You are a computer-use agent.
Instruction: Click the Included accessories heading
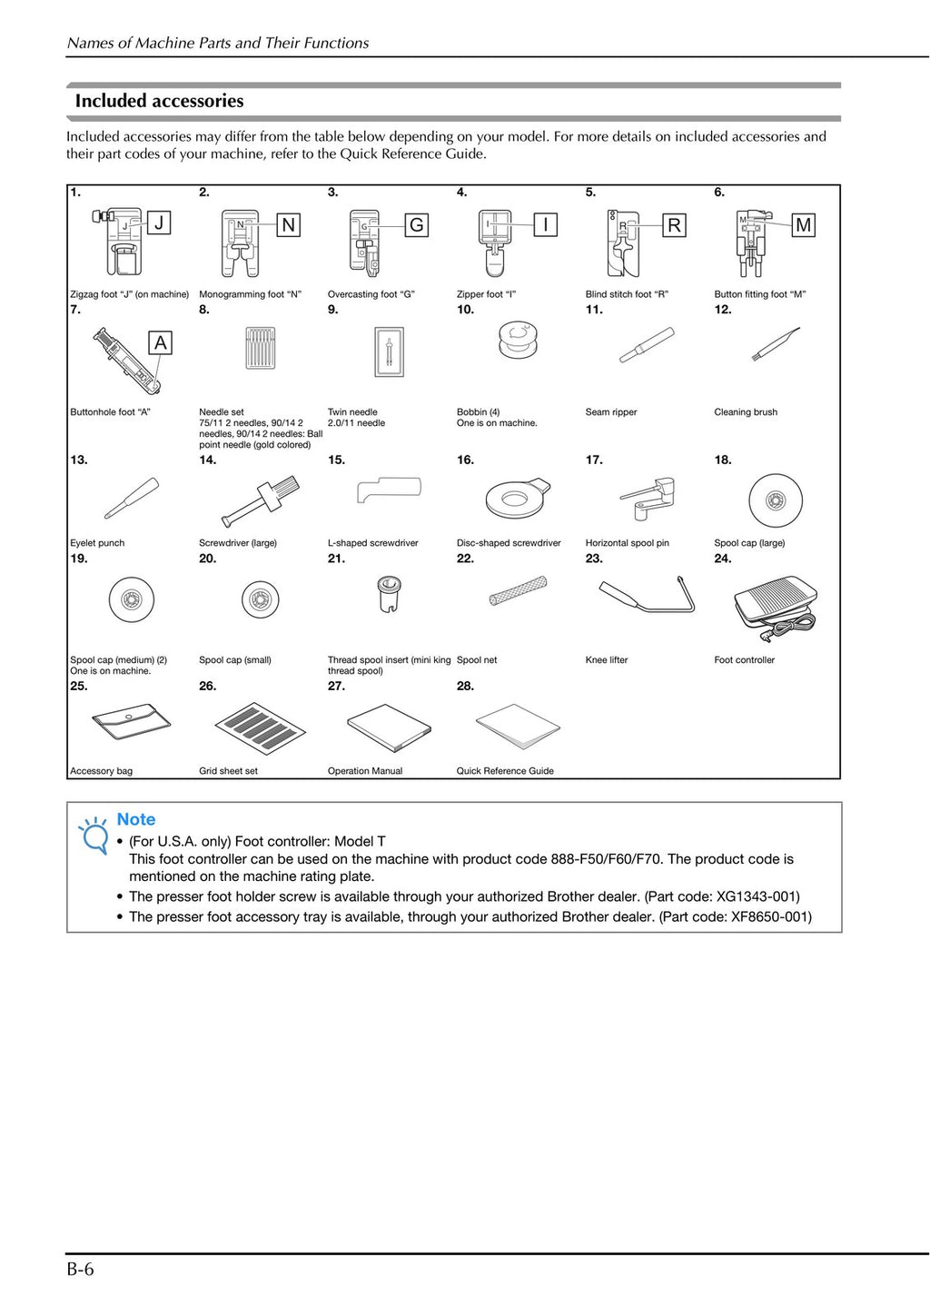click(159, 101)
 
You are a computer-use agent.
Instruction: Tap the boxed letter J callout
click(159, 223)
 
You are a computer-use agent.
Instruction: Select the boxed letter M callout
click(803, 225)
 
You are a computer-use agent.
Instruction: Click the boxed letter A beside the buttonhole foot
click(161, 343)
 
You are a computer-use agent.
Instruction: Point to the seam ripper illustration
click(646, 345)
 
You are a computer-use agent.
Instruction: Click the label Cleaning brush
click(746, 412)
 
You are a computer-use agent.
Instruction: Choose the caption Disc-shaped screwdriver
click(509, 543)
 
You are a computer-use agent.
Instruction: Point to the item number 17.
click(594, 460)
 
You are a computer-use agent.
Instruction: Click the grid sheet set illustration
click(260, 727)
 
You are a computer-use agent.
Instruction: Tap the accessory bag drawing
click(132, 723)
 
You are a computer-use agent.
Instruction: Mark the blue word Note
click(136, 819)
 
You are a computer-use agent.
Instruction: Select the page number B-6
click(80, 1270)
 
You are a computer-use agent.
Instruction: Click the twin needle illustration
click(389, 351)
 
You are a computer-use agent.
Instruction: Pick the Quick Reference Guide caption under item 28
click(505, 771)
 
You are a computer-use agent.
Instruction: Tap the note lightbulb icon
click(94, 835)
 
